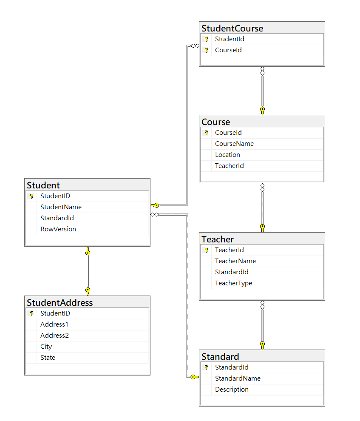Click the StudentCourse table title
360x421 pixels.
pos(232,28)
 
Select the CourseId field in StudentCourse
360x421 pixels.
pos(228,50)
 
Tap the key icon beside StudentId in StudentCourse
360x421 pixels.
pos(206,39)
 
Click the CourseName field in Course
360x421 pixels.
pos(234,144)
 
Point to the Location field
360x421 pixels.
pos(227,155)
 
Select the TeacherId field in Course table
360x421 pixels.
pos(229,166)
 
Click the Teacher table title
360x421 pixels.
pos(218,239)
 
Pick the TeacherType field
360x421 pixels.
pos(233,283)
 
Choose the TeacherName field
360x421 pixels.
pos(235,261)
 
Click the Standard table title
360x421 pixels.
pos(220,356)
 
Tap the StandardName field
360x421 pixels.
pos(238,378)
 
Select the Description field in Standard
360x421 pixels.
pos(232,390)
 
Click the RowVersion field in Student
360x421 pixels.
pos(58,229)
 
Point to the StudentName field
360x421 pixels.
pos(61,207)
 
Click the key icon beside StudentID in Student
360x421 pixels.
pos(31,196)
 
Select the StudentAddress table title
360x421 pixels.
pos(60,303)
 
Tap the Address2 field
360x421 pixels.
pos(54,336)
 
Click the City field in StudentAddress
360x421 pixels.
pos(46,347)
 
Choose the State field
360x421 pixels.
pos(48,358)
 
